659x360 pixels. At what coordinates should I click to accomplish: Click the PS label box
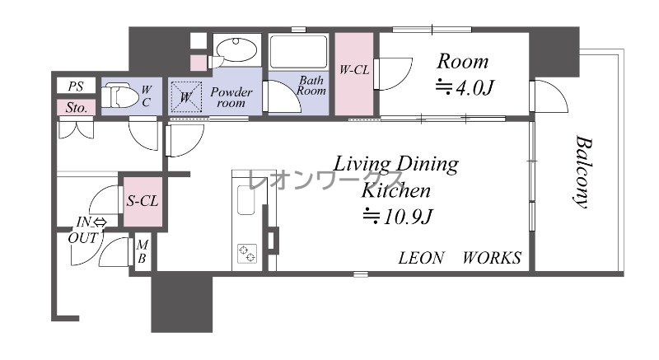point(76,86)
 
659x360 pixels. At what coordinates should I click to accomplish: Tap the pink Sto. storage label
point(76,108)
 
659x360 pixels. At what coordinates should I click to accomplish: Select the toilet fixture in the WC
point(119,96)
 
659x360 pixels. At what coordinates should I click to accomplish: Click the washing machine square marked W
point(186,97)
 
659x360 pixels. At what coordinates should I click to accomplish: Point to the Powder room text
point(231,97)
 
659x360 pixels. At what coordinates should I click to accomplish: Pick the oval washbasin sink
point(235,50)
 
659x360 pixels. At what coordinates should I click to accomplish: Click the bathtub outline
point(298,52)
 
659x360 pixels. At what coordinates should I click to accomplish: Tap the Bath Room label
point(311,86)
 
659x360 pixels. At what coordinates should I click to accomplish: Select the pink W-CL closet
point(354,74)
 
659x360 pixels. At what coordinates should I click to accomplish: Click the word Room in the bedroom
point(463,61)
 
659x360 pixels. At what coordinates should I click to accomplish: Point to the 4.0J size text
point(464,88)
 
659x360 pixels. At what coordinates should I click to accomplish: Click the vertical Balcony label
point(583,171)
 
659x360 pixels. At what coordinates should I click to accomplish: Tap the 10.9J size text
point(398,217)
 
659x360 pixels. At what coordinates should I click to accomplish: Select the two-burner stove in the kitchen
point(247,253)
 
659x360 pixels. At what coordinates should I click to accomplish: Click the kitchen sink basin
point(245,200)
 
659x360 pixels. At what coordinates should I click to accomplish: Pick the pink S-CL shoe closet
point(143,202)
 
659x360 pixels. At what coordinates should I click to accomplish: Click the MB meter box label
point(142,251)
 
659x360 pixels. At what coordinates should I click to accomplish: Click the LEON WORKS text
point(460,258)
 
